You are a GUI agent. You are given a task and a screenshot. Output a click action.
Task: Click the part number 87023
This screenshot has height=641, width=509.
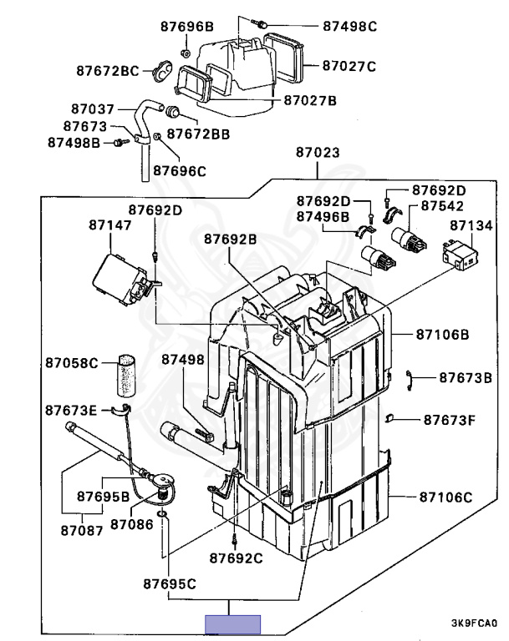[318, 153]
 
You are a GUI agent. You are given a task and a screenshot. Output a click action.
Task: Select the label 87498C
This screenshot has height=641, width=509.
[349, 26]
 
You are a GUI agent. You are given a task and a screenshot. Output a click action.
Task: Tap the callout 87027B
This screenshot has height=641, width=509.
[310, 100]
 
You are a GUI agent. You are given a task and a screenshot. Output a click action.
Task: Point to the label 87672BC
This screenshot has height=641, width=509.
[108, 71]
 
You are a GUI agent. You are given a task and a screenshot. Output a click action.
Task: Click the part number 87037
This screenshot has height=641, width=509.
[93, 109]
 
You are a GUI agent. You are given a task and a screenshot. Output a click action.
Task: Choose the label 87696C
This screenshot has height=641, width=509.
[180, 171]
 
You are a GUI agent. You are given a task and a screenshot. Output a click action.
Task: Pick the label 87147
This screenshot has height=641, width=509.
[110, 225]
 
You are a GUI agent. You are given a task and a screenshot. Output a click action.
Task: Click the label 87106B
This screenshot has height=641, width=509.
[443, 335]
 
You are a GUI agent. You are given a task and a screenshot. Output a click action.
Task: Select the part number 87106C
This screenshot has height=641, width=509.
[445, 497]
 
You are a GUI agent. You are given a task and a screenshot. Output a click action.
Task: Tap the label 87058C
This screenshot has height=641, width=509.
[72, 362]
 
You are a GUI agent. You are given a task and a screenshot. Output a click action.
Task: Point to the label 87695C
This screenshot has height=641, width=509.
[170, 583]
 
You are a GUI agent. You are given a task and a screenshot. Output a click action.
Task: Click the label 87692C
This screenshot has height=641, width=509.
[236, 558]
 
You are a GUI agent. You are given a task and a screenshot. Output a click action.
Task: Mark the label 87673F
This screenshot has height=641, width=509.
[449, 421]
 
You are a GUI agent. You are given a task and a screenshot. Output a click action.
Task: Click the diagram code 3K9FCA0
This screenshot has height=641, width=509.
[474, 623]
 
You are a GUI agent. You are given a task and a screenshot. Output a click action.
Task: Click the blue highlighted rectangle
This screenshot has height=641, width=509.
[232, 624]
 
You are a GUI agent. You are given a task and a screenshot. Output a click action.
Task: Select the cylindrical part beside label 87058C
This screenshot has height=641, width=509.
[126, 376]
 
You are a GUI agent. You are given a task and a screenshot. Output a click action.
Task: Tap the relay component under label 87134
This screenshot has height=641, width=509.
[461, 255]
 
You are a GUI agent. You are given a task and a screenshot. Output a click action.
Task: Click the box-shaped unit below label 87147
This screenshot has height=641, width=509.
[119, 279]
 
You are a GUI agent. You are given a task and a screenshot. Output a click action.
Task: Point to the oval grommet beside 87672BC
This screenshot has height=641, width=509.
[163, 71]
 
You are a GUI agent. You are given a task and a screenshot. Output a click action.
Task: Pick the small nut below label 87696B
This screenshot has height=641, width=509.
[185, 53]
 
